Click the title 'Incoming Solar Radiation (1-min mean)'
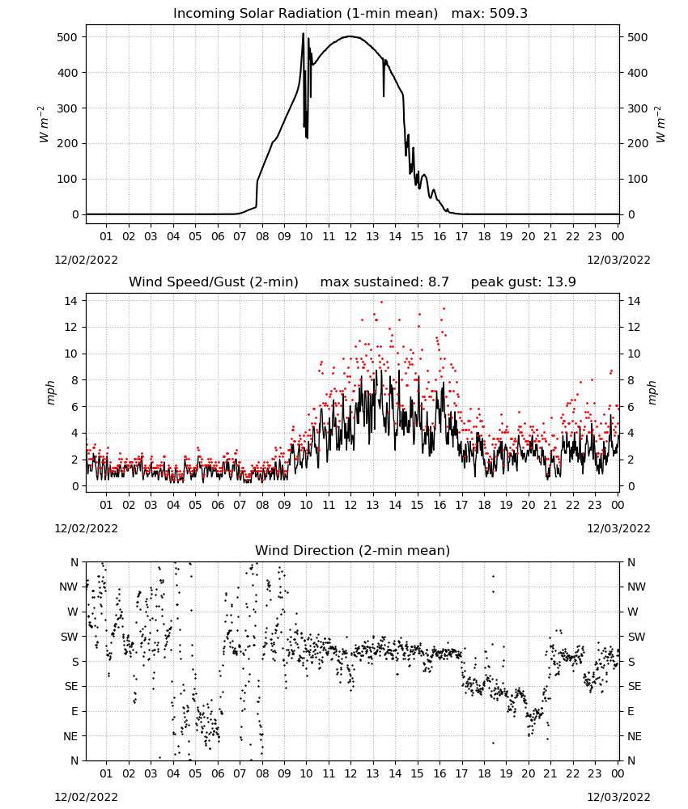point(305,13)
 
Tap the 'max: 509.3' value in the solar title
point(490,13)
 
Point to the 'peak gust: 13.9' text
point(524,282)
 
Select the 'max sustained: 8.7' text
point(384,282)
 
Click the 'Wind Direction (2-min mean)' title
point(353,550)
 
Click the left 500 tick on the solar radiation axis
point(68,37)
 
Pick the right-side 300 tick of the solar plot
point(637,108)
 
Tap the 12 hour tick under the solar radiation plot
point(350,236)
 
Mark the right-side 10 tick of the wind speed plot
point(633,354)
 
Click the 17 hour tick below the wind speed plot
point(461,505)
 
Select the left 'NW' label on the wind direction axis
point(69,587)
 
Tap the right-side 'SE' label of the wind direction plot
point(635,686)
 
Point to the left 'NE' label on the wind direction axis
point(70,736)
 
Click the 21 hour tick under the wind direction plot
point(550,773)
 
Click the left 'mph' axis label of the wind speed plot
point(50,392)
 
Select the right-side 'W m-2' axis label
point(660,125)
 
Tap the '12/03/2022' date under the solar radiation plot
point(618,260)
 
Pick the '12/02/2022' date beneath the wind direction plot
point(86,797)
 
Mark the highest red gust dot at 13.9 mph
point(381,303)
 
